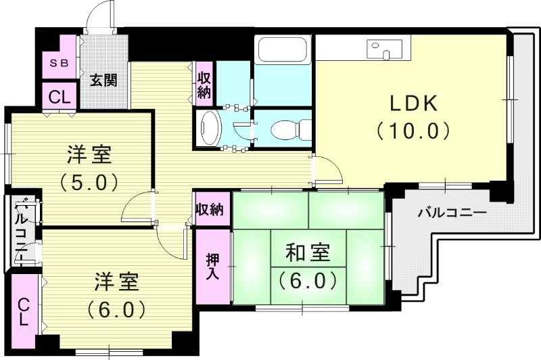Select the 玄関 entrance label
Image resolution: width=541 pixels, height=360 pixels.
tap(104, 81)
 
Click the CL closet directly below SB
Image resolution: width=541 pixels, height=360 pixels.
tap(59, 96)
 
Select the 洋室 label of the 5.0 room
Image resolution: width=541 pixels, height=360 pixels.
tap(89, 156)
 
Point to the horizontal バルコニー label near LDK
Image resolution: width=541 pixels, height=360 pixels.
tap(451, 212)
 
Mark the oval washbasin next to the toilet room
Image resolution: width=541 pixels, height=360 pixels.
tap(210, 127)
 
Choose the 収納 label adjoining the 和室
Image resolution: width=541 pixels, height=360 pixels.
tap(210, 209)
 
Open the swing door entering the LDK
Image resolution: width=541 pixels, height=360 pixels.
tap(326, 169)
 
